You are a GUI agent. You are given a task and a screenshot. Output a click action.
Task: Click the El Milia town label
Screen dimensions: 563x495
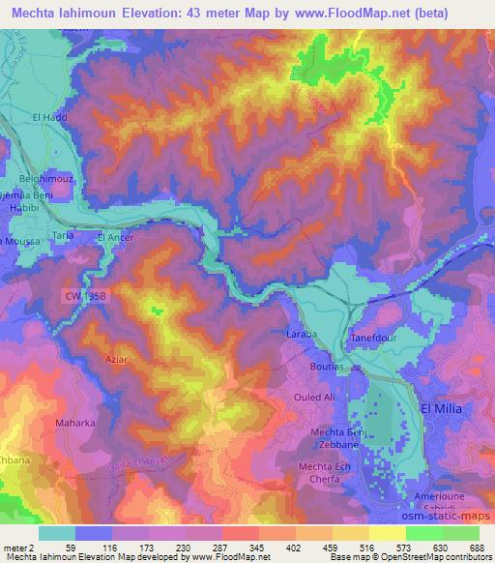click(x=449, y=409)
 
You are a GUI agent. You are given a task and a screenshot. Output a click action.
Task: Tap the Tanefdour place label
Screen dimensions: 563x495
click(x=373, y=338)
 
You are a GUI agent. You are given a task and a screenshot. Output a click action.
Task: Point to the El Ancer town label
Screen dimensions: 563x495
click(x=115, y=236)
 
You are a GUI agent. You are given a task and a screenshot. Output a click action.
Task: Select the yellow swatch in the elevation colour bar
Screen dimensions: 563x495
click(x=389, y=532)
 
